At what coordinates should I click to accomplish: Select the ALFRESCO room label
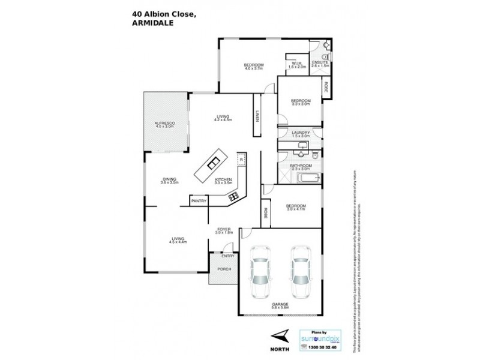click(164, 124)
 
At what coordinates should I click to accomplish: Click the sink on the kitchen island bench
click(213, 162)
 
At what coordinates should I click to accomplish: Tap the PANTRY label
click(199, 202)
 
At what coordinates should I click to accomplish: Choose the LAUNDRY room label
click(300, 134)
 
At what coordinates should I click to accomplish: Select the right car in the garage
click(301, 274)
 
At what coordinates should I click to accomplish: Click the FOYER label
click(223, 232)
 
